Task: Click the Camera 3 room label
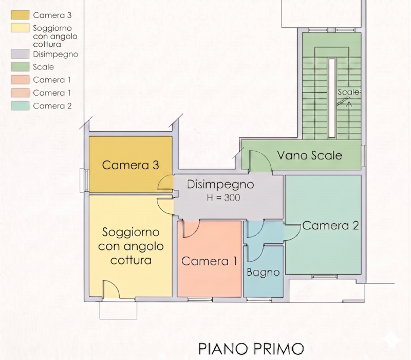tap(130, 165)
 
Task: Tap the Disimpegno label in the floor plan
tap(220, 185)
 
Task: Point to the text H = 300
tap(223, 197)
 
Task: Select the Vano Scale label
tap(310, 155)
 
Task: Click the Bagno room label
tap(263, 273)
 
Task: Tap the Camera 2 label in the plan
tap(330, 226)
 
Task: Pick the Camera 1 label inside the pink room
tap(209, 261)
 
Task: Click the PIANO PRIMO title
tap(251, 349)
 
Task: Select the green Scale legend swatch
tap(20, 67)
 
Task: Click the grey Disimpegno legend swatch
tap(20, 54)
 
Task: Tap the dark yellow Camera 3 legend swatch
tap(20, 15)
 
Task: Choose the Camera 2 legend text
tap(52, 106)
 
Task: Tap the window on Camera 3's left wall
tap(84, 181)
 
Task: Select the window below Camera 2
tap(324, 277)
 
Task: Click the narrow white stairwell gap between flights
tap(331, 98)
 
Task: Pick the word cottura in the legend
tap(47, 44)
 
